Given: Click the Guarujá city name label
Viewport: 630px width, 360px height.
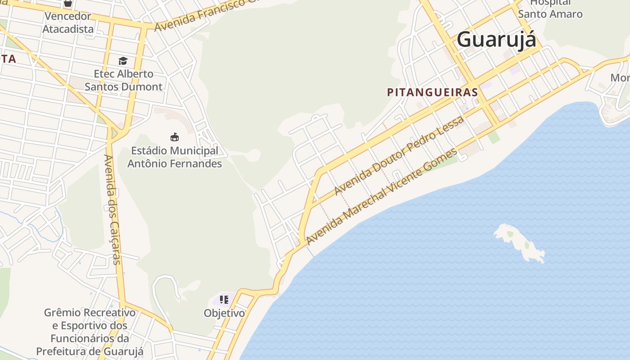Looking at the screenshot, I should (496, 40).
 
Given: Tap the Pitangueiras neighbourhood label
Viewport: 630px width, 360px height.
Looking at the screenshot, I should (432, 92).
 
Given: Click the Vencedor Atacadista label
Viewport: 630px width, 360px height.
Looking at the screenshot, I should (67, 22).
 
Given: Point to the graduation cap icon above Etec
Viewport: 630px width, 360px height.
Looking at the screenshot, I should (123, 61).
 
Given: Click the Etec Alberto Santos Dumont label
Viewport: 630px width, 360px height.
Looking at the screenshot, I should (123, 80).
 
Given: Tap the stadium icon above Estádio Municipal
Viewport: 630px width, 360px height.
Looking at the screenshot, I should (175, 137).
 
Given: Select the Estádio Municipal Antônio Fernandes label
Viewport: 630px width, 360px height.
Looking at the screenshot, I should (175, 157).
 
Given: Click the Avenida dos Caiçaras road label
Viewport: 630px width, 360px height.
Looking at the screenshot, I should (112, 209).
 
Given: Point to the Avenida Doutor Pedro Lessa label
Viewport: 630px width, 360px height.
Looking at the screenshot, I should (399, 156).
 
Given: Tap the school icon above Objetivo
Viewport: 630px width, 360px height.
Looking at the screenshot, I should (224, 299).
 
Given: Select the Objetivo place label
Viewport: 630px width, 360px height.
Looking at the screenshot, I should (224, 313).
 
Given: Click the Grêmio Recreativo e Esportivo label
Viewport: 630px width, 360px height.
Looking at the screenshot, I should (90, 332).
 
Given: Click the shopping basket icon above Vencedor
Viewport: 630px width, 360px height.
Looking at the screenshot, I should (67, 3).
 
